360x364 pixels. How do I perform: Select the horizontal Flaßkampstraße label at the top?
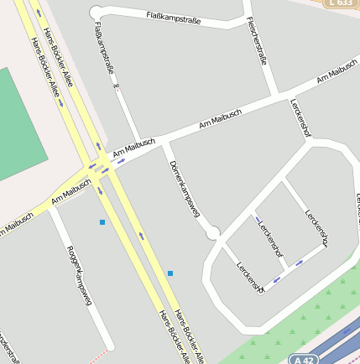[x=173, y=16]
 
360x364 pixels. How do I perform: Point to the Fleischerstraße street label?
[x=258, y=42]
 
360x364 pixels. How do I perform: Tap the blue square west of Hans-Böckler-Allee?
[x=102, y=222]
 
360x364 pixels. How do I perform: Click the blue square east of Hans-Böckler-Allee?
[x=170, y=273]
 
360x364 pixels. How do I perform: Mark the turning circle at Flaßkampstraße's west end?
[x=96, y=12]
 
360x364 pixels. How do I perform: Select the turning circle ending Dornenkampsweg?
[x=213, y=231]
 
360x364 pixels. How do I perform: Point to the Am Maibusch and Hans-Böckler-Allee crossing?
[x=102, y=168]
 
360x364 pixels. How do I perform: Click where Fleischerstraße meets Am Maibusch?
[x=276, y=95]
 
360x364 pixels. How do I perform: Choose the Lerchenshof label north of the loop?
[x=300, y=118]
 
